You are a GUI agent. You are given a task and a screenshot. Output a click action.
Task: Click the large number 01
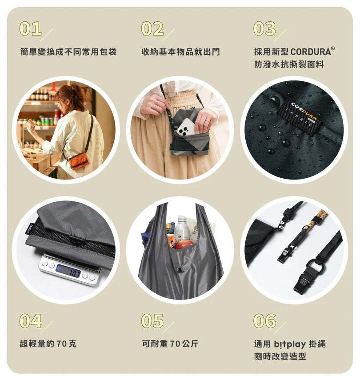click(x=30, y=28)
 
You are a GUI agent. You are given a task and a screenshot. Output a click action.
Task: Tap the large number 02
click(x=152, y=28)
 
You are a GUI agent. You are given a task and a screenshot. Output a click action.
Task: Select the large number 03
click(x=264, y=28)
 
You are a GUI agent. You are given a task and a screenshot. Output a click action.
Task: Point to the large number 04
click(x=31, y=321)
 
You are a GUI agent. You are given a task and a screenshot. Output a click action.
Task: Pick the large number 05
click(x=152, y=321)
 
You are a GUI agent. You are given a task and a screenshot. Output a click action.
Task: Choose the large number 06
click(x=265, y=321)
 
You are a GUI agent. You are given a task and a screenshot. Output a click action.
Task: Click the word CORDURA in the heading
click(x=311, y=52)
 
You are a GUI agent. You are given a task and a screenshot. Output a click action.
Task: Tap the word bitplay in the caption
click(x=290, y=344)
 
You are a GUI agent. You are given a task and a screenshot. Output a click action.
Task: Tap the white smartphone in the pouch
click(x=186, y=127)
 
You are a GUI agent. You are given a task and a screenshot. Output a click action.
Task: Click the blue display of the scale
click(x=68, y=271)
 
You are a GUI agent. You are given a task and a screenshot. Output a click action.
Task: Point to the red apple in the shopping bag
click(x=184, y=244)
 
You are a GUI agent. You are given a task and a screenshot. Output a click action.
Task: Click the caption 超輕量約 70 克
click(x=48, y=344)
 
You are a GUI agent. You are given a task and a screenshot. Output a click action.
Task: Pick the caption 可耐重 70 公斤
click(x=170, y=344)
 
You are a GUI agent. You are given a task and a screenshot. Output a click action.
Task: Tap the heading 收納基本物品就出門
click(x=180, y=52)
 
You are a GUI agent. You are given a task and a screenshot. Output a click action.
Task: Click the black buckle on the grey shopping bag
click(x=180, y=269)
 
